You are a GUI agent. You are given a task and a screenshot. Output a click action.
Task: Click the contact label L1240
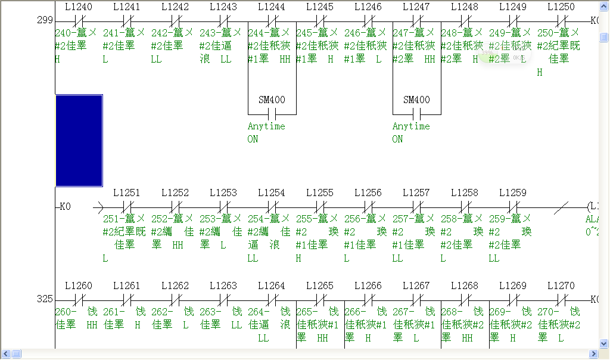78,7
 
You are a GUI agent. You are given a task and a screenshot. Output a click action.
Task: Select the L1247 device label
416,7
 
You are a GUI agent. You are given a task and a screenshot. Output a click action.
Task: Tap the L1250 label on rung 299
561,7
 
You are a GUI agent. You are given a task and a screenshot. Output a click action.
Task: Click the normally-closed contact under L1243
223,21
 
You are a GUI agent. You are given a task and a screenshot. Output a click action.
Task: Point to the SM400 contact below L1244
272,114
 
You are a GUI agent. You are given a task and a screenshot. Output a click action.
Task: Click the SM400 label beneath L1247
416,100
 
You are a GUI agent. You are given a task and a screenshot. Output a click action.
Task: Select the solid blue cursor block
79,140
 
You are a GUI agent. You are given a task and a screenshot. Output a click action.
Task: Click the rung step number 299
45,20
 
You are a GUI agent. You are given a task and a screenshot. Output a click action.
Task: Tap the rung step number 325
45,299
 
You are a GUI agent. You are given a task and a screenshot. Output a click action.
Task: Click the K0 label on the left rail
64,207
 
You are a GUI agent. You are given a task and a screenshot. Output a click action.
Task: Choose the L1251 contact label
126,193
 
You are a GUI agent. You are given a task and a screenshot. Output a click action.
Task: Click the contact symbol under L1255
320,207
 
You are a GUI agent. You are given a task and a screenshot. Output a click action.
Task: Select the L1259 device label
512,193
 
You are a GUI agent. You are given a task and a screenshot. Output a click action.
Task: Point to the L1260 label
78,285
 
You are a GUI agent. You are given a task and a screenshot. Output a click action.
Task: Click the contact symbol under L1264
272,299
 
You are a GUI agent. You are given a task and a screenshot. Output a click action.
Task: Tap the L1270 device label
561,285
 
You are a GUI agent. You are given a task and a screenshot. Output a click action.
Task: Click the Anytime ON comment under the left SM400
266,132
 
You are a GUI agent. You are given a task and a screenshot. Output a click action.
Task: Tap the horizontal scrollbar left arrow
5,354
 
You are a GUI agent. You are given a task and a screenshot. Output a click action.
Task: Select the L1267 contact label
416,285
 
